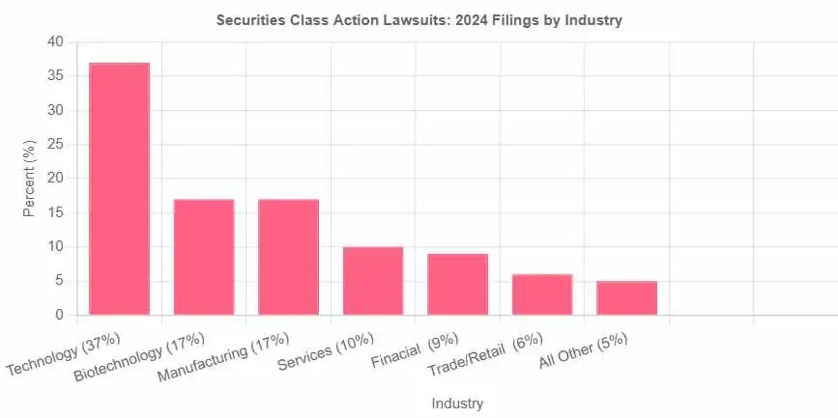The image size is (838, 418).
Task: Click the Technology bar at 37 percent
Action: point(119,188)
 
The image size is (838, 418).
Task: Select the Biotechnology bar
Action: point(204,257)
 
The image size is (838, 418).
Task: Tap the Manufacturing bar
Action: point(288,257)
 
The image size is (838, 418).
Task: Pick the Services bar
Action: point(373,281)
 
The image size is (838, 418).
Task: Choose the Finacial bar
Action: point(457,284)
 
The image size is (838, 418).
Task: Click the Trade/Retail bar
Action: point(542,294)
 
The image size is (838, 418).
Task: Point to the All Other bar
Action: point(626,297)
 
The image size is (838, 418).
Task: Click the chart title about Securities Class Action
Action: point(419,20)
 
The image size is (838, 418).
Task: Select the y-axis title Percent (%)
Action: point(30,179)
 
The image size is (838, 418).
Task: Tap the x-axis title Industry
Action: point(457,403)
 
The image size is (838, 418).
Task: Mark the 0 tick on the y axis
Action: point(59,316)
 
